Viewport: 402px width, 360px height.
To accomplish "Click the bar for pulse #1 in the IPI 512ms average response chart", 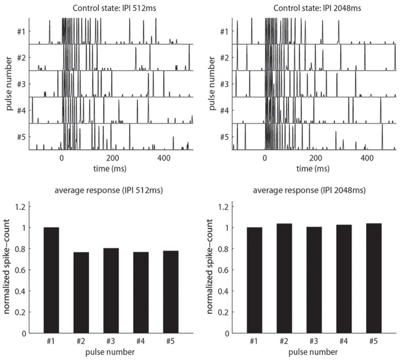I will coord(50,280).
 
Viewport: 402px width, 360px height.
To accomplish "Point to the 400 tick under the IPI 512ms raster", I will coord(164,159).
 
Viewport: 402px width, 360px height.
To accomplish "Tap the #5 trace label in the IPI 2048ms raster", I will coord(224,137).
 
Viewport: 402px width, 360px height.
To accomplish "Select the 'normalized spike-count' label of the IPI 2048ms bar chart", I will coord(210,268).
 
